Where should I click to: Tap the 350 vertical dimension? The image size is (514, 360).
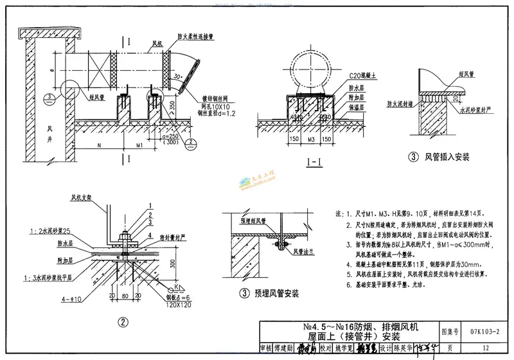(172, 104)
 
